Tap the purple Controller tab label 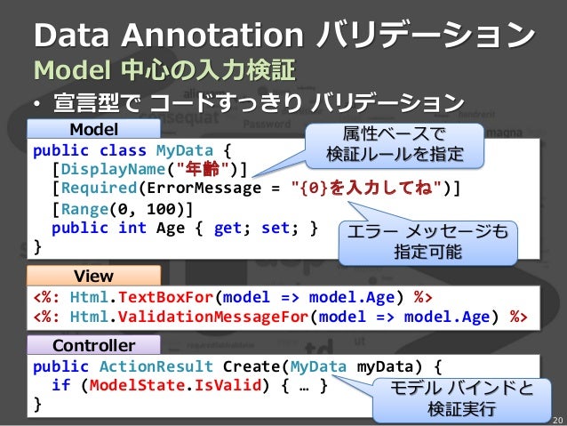[93, 345]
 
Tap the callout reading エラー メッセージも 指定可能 [427, 241]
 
